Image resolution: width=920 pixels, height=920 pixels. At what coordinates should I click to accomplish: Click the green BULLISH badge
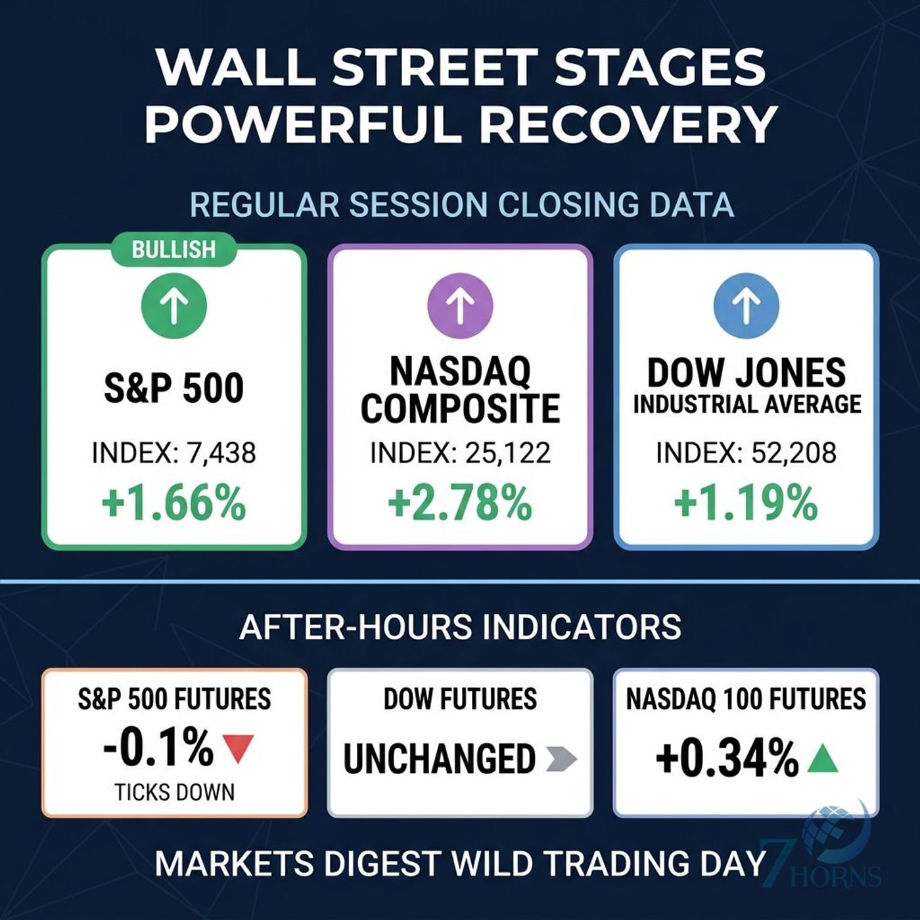(173, 250)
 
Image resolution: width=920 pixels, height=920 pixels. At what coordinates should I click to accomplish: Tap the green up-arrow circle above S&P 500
(174, 305)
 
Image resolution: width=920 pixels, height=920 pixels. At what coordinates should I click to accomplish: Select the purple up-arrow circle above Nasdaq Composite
(460, 305)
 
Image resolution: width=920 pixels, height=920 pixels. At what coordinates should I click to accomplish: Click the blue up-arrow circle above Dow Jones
(747, 305)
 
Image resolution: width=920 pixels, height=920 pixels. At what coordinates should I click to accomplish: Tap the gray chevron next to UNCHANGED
(561, 758)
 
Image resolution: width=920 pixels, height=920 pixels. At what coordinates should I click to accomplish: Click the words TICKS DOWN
(175, 793)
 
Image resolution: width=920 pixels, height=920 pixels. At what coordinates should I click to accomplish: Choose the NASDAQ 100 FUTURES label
(746, 699)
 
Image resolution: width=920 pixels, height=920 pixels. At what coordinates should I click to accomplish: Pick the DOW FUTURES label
(460, 699)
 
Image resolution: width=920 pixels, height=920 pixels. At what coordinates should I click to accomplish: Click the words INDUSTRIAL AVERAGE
(747, 404)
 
